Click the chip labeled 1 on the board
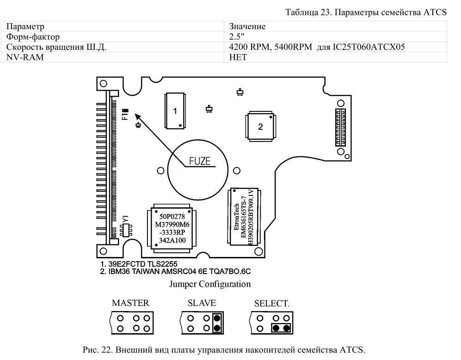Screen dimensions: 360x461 175,110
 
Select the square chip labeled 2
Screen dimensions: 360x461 260,127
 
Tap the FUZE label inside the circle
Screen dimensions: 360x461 200,161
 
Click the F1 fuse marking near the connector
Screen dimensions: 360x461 125,114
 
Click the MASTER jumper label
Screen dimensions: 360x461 130,304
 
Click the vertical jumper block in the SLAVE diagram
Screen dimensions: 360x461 217,323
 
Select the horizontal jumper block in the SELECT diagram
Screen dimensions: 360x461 281,328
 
